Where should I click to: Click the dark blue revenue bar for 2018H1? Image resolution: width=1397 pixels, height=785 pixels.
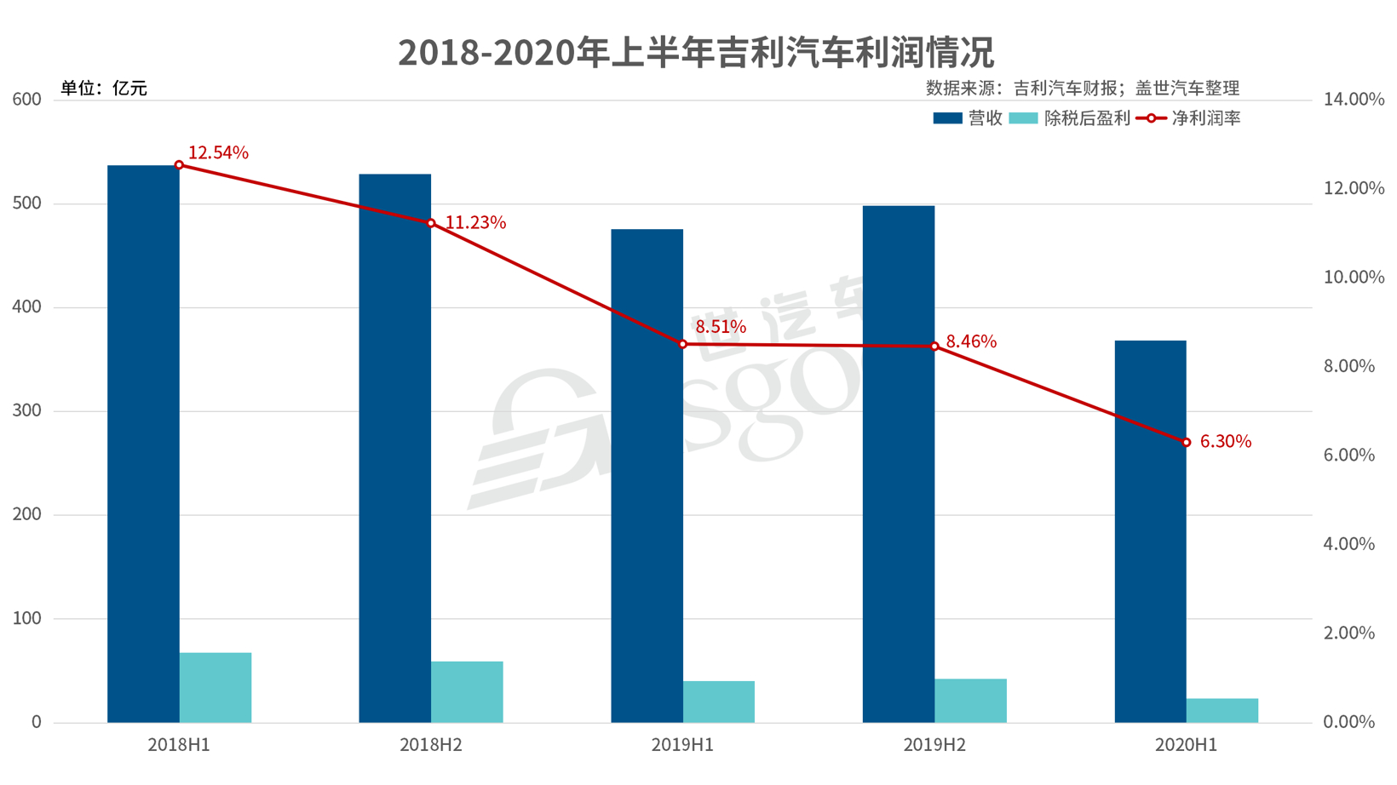(143, 443)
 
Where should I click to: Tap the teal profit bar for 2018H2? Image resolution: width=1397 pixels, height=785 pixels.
(467, 692)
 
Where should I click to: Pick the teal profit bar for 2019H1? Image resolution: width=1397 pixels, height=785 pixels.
(719, 702)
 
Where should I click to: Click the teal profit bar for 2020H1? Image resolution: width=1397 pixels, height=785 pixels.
(1222, 711)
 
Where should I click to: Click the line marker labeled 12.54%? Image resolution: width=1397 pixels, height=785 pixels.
(179, 165)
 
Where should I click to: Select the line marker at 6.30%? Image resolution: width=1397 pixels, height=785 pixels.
(1186, 443)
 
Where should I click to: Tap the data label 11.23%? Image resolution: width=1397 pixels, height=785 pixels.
(475, 223)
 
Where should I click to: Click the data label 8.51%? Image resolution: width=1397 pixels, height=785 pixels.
(721, 327)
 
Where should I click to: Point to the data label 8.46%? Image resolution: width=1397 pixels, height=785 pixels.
(971, 341)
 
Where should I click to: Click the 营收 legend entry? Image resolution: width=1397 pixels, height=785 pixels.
(969, 118)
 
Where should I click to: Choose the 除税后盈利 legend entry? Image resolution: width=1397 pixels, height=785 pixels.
(1070, 118)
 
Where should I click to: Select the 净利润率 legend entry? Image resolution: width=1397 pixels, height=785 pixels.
(1189, 118)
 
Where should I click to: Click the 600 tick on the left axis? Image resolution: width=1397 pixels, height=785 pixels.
(27, 100)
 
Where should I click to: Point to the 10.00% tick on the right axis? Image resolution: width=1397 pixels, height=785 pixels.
(1354, 278)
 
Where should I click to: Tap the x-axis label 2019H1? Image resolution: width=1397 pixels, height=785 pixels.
(682, 745)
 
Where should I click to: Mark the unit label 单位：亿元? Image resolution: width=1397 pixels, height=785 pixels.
(104, 89)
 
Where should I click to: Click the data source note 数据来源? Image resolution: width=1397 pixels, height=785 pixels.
(1082, 89)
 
